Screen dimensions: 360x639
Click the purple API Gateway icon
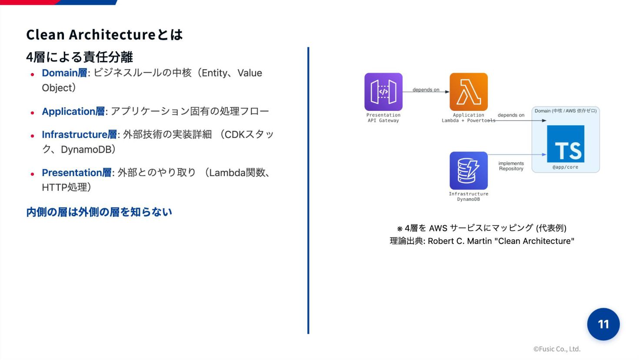click(383, 92)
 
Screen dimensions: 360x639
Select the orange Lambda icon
click(468, 92)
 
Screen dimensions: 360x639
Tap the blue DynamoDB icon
click(468, 170)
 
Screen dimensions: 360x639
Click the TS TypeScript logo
click(565, 144)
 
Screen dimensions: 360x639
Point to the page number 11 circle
click(603, 324)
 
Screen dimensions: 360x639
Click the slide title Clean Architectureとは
click(104, 34)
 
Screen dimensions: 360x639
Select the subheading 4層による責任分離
click(79, 57)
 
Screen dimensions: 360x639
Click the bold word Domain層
click(64, 73)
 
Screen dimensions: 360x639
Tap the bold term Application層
click(73, 111)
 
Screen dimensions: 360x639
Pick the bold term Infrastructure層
click(79, 134)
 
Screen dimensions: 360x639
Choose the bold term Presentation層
click(77, 173)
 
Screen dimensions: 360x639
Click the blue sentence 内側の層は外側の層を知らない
click(99, 212)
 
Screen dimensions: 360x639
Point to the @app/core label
click(565, 167)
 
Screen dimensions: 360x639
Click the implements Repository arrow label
click(511, 166)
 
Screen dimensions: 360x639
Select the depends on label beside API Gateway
click(426, 90)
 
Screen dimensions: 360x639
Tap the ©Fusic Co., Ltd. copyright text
click(557, 349)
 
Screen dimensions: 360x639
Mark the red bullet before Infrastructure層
click(32, 136)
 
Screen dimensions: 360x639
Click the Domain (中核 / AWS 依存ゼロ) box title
click(565, 111)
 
